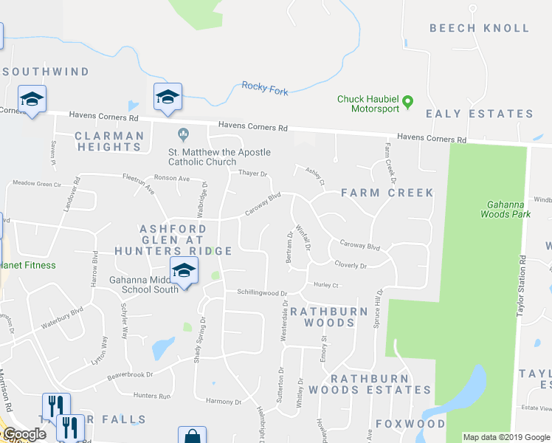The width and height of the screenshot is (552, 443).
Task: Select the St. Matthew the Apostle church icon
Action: coord(184,134)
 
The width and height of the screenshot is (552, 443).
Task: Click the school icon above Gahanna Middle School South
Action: coord(184,270)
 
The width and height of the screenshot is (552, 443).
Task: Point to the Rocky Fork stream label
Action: coord(263,88)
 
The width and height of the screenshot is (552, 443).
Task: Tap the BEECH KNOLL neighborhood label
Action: coord(480,28)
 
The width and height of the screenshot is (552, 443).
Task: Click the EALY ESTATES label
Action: coord(480,114)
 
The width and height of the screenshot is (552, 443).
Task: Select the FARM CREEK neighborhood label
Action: coord(387,193)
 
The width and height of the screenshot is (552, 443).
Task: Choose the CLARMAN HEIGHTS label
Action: coord(109,141)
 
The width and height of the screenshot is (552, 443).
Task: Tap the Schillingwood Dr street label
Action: coord(261,293)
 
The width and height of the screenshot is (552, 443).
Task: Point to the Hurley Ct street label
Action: coord(325,285)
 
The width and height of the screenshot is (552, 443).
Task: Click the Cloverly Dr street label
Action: coord(351,265)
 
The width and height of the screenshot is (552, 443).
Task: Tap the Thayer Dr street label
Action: coord(252,174)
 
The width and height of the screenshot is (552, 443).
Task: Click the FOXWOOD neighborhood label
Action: coord(410,424)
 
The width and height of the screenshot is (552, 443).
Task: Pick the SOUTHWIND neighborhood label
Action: coord(46,72)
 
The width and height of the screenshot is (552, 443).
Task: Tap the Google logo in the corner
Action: coord(24,435)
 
